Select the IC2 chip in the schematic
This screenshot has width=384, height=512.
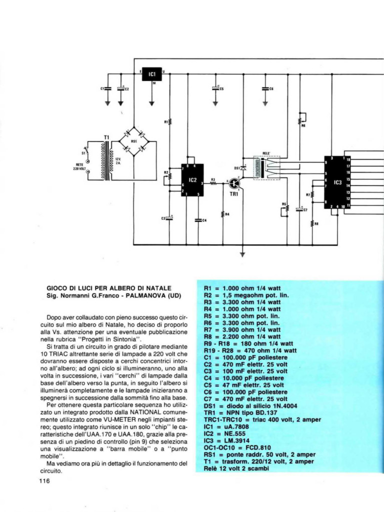coord(191,179)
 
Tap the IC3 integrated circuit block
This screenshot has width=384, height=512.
coord(336,182)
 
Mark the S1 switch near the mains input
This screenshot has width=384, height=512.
coord(87,150)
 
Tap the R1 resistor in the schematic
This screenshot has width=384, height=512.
coord(170,121)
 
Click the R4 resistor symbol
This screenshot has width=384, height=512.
coord(223,214)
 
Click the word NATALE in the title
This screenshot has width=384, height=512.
coord(155,288)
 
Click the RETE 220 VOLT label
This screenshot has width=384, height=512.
coord(80,167)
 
